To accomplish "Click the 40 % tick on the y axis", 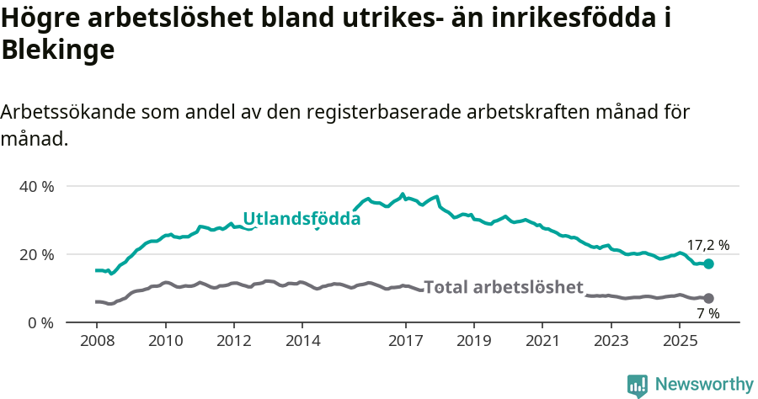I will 35,186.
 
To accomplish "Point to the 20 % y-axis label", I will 35,254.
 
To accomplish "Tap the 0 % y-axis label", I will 39,322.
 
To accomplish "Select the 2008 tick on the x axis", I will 96,341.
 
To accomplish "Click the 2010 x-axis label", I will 165,341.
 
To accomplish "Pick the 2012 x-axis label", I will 233,341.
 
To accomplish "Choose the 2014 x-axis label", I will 302,341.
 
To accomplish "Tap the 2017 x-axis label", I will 405,341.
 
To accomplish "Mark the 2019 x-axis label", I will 473,341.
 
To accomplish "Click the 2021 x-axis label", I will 542,341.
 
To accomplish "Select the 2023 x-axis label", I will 611,341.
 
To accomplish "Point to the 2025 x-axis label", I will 679,341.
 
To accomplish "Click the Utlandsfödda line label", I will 302,219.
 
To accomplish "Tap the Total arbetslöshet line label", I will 503,287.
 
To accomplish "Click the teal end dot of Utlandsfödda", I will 709,263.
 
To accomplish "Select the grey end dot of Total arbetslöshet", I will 709,298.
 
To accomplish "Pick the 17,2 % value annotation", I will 708,246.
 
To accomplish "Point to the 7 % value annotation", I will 708,313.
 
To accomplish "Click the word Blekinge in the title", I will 57,51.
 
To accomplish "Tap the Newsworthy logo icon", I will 638,385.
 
